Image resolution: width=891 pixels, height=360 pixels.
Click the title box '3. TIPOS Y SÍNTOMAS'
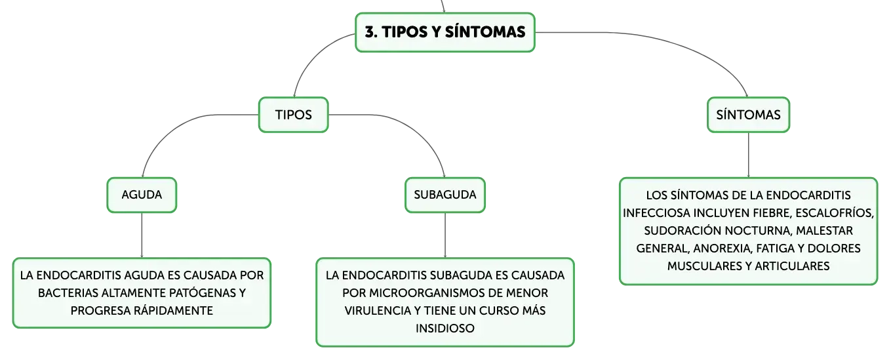click(x=445, y=32)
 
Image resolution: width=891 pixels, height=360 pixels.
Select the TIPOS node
click(x=294, y=115)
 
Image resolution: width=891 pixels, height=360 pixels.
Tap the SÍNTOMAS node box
click(x=748, y=115)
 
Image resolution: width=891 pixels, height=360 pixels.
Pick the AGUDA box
click(x=142, y=195)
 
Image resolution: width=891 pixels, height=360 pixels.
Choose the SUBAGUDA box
click(x=445, y=195)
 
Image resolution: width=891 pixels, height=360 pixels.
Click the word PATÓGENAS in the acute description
click(x=203, y=293)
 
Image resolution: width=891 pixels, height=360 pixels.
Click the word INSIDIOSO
click(x=445, y=329)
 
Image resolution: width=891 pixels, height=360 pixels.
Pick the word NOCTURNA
click(x=757, y=231)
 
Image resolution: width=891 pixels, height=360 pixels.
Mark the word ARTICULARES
click(x=792, y=266)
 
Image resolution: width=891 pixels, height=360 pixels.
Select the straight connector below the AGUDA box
click(x=142, y=235)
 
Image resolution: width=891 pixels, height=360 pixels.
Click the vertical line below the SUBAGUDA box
click(x=445, y=235)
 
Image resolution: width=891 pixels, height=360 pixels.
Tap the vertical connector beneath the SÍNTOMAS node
click(x=748, y=155)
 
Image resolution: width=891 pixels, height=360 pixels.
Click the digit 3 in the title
click(x=369, y=32)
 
